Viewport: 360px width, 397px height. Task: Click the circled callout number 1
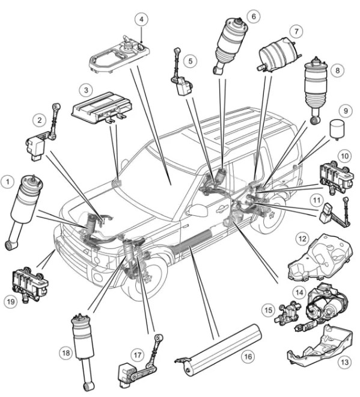point(8,180)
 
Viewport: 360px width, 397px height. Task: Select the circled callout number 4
point(142,19)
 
